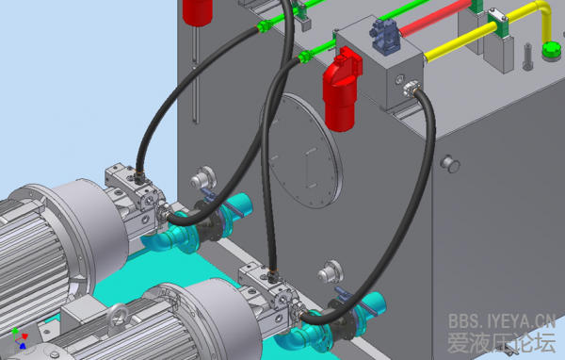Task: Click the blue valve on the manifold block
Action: coord(385,37)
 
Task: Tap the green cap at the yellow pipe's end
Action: coord(552,50)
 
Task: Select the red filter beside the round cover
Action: coord(341,90)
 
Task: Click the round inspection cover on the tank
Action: coord(301,151)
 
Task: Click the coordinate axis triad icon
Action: coord(20,338)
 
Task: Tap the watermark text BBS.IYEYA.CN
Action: coord(502,321)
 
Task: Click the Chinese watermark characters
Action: coord(501,343)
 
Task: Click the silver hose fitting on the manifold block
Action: coord(412,89)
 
